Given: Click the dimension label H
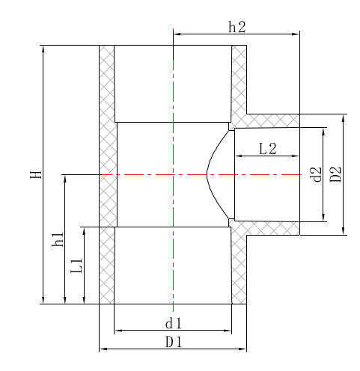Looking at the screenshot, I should [x=34, y=174].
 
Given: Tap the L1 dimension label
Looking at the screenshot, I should [x=76, y=266].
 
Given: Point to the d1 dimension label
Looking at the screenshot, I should [x=173, y=323].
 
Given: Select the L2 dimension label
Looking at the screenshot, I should [x=267, y=148].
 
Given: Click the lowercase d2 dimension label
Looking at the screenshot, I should [x=317, y=174].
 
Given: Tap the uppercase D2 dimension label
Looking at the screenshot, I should [x=336, y=174].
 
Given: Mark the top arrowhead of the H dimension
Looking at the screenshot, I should [x=43, y=49].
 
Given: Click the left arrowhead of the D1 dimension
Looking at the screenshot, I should [x=103, y=349].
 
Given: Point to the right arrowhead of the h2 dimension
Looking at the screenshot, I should [x=296, y=32].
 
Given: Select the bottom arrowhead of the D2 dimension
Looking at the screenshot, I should [x=344, y=230].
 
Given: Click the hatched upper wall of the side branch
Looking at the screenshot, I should [x=273, y=120].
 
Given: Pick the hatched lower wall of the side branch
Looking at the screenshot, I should [x=273, y=227].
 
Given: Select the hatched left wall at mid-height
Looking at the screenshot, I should [x=108, y=174].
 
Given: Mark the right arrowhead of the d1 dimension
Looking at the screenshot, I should [x=228, y=331].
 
